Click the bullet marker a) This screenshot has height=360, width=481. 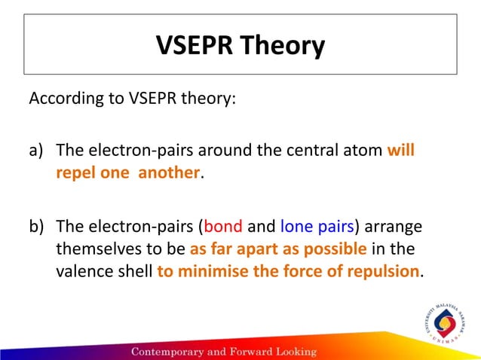tap(38, 151)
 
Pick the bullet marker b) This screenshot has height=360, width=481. tap(38, 226)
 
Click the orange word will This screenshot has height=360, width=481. tap(401, 151)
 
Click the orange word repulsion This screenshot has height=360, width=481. tap(381, 271)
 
